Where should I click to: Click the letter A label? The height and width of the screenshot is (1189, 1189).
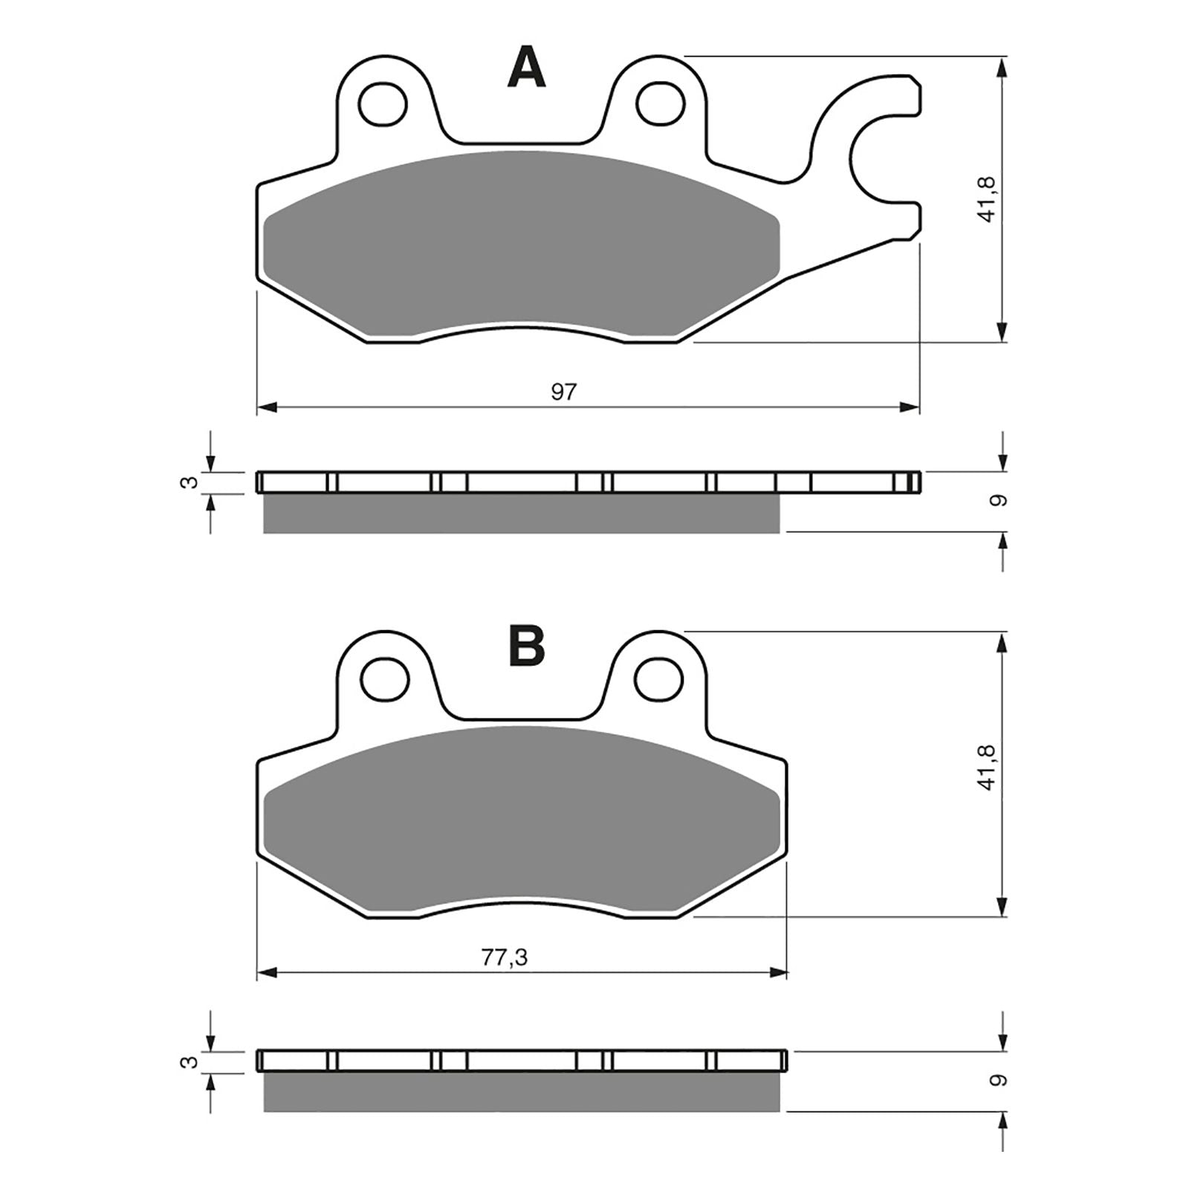point(526,68)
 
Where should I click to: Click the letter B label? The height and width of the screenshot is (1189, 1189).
point(526,646)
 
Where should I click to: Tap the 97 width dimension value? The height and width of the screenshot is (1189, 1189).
point(563,392)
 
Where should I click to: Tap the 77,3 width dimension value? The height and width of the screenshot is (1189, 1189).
point(504,959)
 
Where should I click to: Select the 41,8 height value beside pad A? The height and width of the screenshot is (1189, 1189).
point(987,199)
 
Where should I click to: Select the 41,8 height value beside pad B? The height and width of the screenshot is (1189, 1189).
point(987,768)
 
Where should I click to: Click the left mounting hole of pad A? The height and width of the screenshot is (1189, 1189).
point(383,103)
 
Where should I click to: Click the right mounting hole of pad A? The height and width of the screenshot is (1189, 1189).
point(660,103)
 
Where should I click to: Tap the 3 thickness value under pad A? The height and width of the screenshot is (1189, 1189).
point(191,482)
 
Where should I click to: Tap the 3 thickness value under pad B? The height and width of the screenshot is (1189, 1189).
point(191,1062)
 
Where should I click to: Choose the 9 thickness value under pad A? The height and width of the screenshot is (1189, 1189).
point(1000,501)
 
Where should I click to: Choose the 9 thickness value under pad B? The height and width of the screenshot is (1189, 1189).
point(1000,1079)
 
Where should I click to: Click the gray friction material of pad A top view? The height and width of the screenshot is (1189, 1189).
point(520,245)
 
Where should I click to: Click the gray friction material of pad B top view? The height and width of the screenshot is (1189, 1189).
point(520,817)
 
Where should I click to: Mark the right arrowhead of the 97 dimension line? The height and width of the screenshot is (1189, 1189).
point(910,407)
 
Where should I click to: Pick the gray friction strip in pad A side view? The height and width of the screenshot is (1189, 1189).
point(520,514)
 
